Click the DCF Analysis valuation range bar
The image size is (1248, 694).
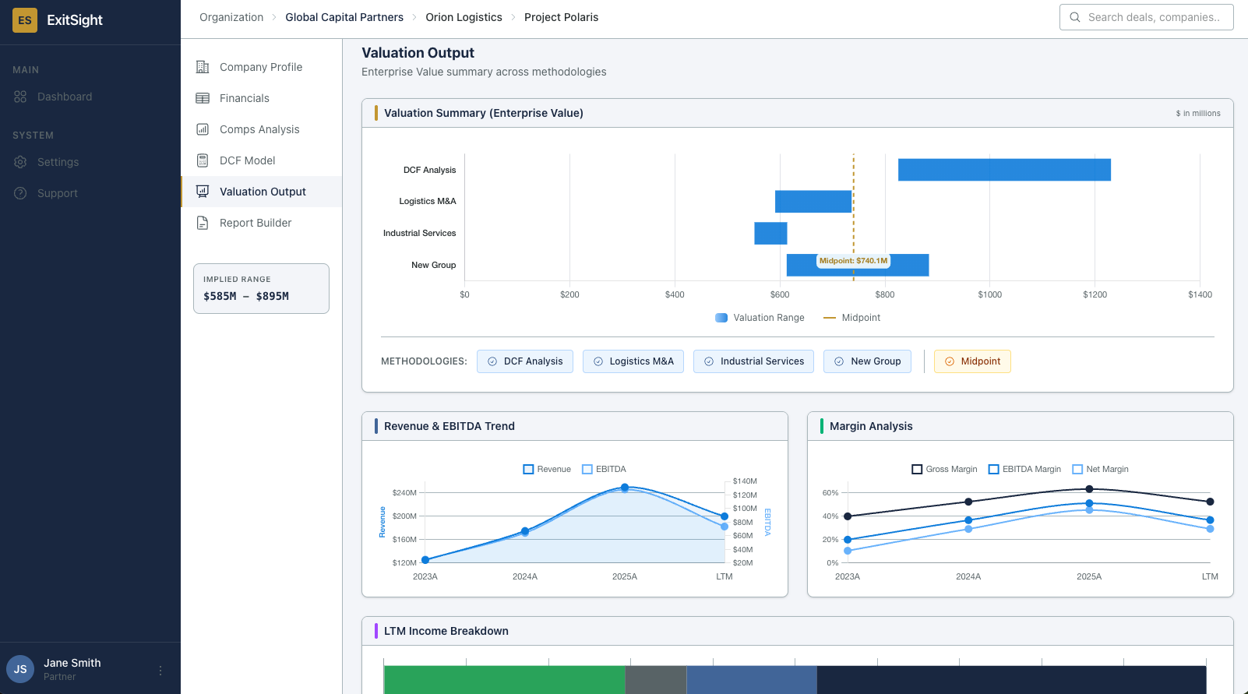pos(1004,170)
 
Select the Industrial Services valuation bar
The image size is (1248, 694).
pos(770,233)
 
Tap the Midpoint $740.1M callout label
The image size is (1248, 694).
pos(853,261)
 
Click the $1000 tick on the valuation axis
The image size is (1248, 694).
pos(989,294)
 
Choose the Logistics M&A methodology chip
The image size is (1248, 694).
pos(633,361)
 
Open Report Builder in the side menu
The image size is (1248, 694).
pos(256,223)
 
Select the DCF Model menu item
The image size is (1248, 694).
pos(248,160)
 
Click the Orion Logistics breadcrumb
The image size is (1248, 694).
pos(464,17)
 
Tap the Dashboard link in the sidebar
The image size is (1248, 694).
pos(65,97)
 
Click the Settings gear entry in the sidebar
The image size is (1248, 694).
pos(58,162)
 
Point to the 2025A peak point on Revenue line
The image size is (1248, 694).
pos(625,488)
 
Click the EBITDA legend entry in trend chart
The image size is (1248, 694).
pos(605,469)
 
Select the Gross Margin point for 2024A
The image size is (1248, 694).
pos(968,502)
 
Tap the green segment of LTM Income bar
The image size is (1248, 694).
pos(504,679)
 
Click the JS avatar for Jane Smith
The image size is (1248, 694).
pos(20,669)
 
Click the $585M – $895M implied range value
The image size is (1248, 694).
pos(246,296)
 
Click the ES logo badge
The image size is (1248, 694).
pos(25,20)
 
